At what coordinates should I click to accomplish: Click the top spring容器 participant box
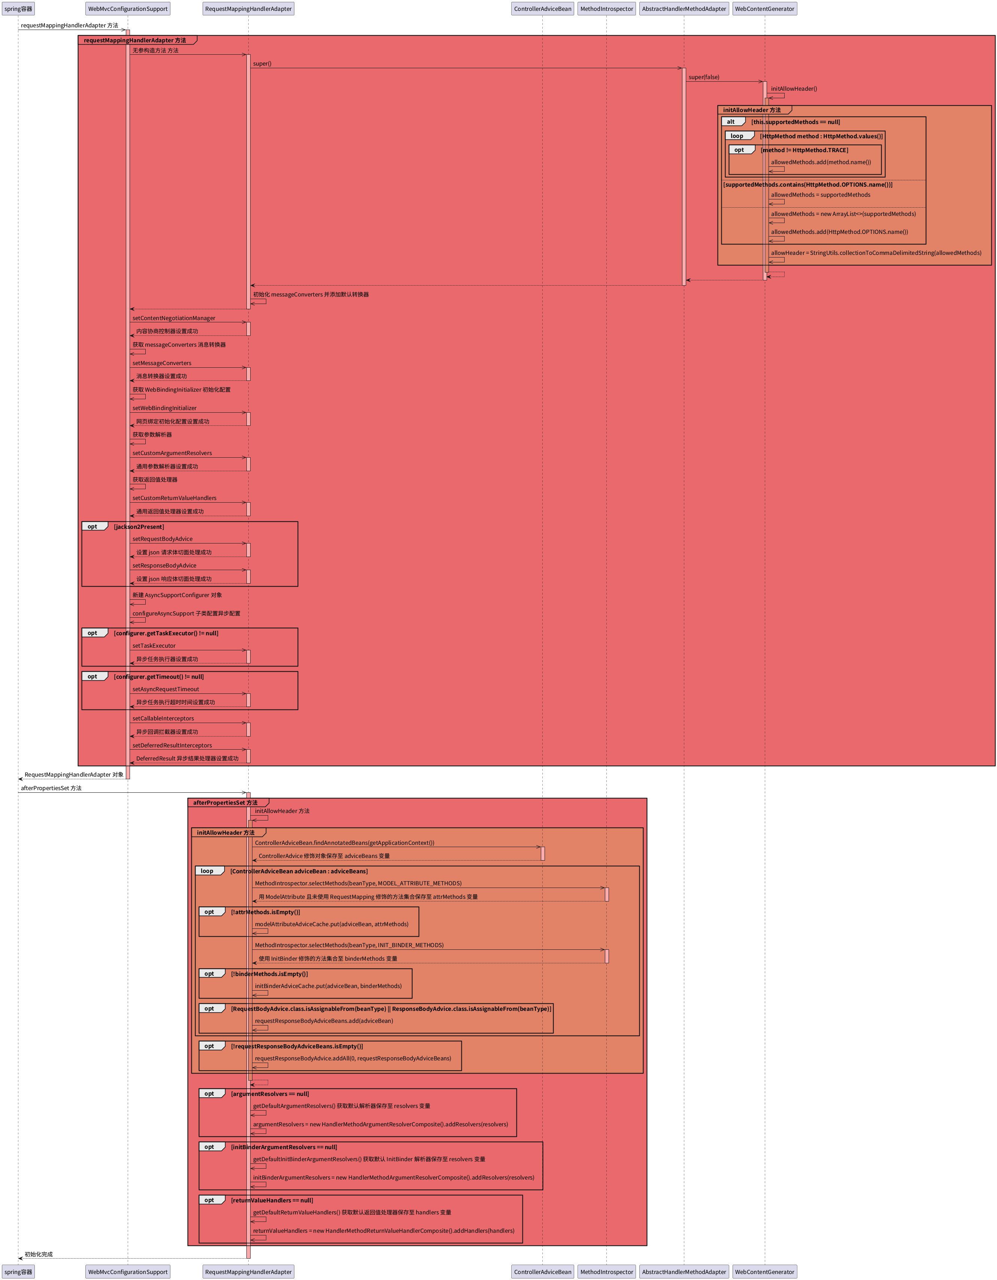[18, 9]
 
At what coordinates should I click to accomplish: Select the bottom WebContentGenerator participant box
[764, 1271]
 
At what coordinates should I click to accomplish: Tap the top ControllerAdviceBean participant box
[542, 9]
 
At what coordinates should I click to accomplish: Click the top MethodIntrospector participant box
[606, 9]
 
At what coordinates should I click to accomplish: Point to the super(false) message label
[703, 77]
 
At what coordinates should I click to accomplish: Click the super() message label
[262, 64]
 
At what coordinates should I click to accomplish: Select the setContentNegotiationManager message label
[173, 318]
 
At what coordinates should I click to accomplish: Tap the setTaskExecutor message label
[154, 646]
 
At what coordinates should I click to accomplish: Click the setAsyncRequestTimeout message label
[165, 689]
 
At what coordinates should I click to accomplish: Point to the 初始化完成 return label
[39, 1254]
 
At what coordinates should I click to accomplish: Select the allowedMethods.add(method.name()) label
[820, 162]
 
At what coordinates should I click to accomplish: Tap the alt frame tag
[731, 122]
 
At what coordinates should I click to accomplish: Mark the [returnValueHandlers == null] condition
[272, 1200]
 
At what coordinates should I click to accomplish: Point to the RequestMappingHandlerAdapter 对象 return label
[74, 775]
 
